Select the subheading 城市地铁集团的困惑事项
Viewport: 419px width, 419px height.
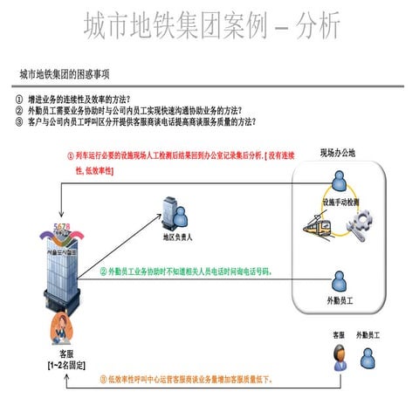pos(70,75)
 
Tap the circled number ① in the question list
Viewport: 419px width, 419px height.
pos(19,99)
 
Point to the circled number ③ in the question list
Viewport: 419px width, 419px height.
pos(19,121)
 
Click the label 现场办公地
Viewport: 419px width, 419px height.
pos(338,153)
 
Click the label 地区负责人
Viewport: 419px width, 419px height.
pos(177,236)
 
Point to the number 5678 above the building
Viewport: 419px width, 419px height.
pos(63,227)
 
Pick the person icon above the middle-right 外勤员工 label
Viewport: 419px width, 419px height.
pos(336,280)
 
